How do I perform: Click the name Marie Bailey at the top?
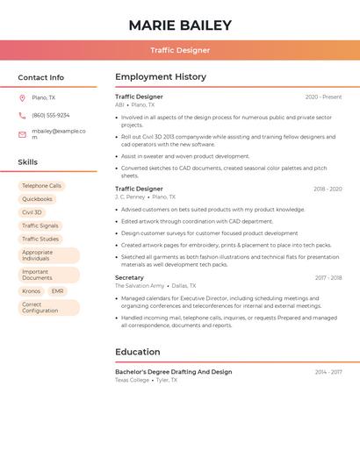180,25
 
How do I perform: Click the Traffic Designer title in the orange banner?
180,51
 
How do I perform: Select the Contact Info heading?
41,77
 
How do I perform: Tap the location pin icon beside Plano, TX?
22,98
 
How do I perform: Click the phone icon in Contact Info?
22,115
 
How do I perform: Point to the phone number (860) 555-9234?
51,115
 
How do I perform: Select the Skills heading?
28,162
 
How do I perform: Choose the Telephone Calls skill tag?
42,186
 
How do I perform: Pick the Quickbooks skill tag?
37,199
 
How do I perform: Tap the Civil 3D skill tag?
32,212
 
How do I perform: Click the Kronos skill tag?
32,291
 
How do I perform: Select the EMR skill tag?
57,291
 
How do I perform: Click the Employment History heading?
161,77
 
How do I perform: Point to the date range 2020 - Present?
323,97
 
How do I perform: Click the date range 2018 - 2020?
328,189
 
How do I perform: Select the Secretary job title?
129,277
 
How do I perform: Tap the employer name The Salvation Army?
140,286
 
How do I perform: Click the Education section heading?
138,352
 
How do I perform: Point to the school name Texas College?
132,381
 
